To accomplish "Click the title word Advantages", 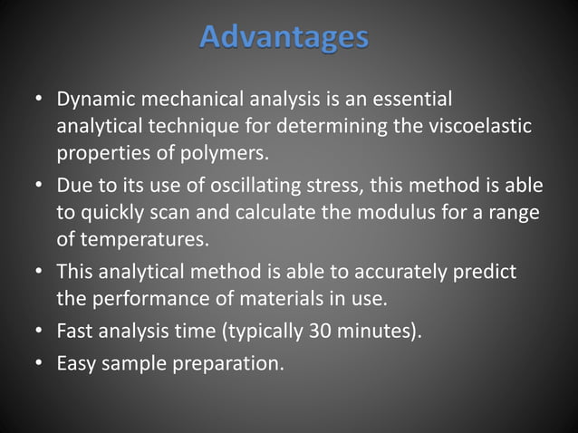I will click(x=284, y=37).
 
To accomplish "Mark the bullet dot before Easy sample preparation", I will click(x=40, y=365).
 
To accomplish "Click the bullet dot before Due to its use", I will click(x=40, y=186).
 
